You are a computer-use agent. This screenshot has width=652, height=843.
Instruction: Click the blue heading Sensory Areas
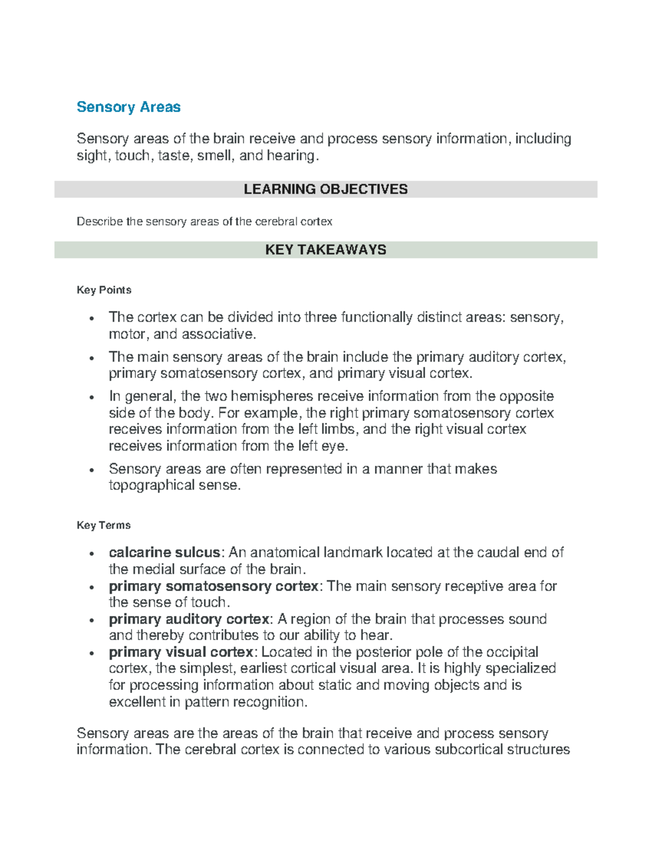(x=128, y=107)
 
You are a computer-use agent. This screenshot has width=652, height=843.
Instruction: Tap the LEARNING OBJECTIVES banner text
(x=325, y=189)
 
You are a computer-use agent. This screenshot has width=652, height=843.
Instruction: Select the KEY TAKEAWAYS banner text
(x=325, y=250)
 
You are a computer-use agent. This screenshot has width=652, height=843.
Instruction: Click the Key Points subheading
(x=104, y=290)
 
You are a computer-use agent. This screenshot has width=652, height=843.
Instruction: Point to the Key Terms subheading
(x=103, y=525)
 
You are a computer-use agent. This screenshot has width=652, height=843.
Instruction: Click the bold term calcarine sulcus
(x=164, y=553)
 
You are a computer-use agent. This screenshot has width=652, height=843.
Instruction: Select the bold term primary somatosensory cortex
(x=213, y=586)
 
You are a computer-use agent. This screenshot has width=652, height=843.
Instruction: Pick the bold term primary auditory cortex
(x=189, y=619)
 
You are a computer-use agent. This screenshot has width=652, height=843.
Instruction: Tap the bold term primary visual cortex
(x=180, y=652)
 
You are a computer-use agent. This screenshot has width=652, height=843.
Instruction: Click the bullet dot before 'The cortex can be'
(x=92, y=319)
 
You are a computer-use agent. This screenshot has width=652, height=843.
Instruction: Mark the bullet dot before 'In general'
(x=92, y=397)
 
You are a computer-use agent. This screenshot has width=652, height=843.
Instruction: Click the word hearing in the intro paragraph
(x=290, y=156)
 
